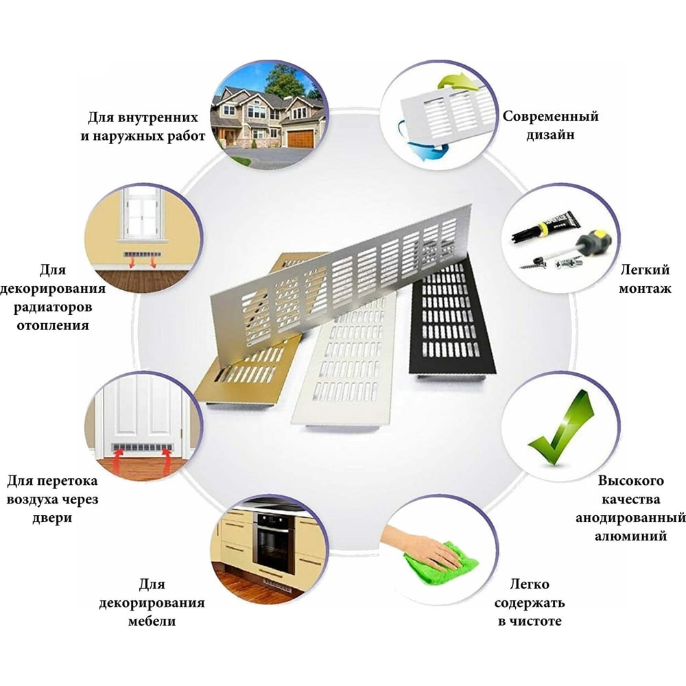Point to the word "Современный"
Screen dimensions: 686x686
pyautogui.click(x=550, y=117)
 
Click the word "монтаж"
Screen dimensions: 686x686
pyautogui.click(x=645, y=289)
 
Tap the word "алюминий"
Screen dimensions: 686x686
pyautogui.click(x=630, y=536)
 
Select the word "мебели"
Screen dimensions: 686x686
pyautogui.click(x=152, y=622)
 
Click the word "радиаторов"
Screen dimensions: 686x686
pyautogui.click(x=53, y=307)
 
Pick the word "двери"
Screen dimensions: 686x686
pyautogui.click(x=51, y=518)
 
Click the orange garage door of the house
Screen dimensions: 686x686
pyautogui.click(x=300, y=139)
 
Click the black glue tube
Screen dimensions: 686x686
pyautogui.click(x=547, y=226)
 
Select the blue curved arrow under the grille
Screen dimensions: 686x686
pyautogui.click(x=420, y=144)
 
